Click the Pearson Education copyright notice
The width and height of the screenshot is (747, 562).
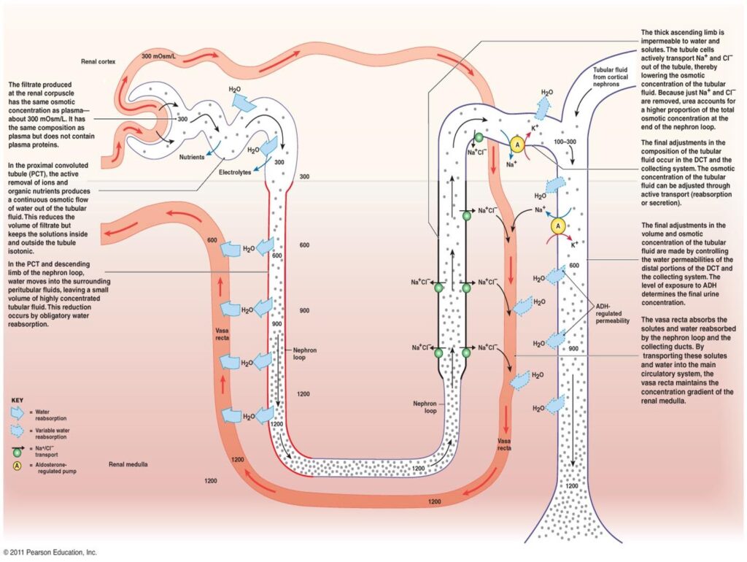[x=50, y=553]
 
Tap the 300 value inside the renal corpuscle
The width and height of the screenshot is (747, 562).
[x=183, y=118]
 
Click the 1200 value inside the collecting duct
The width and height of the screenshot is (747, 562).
[x=572, y=485]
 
